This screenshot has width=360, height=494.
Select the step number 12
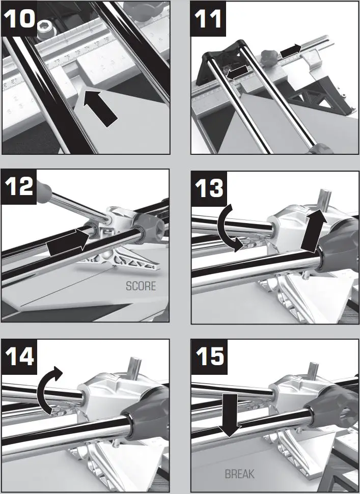coord(19,186)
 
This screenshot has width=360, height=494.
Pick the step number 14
coord(19,355)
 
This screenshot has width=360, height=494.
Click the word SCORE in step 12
coord(141,286)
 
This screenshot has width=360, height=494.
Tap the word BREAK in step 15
coord(239,474)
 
